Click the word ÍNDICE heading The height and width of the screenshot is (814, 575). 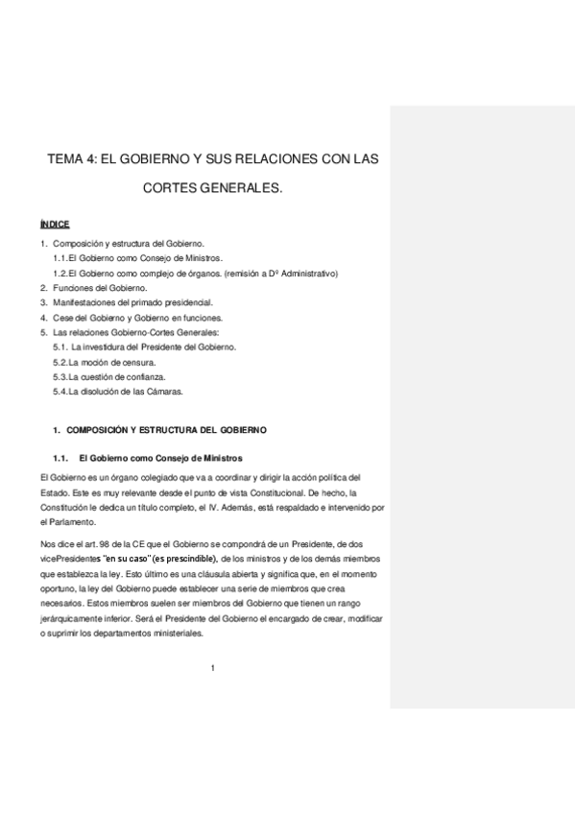point(55,223)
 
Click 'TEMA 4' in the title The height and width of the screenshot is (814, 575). point(75,158)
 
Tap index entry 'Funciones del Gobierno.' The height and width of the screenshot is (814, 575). point(99,287)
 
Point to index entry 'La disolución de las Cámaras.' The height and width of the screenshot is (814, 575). point(118,392)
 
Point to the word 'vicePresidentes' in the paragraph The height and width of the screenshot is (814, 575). point(71,558)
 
